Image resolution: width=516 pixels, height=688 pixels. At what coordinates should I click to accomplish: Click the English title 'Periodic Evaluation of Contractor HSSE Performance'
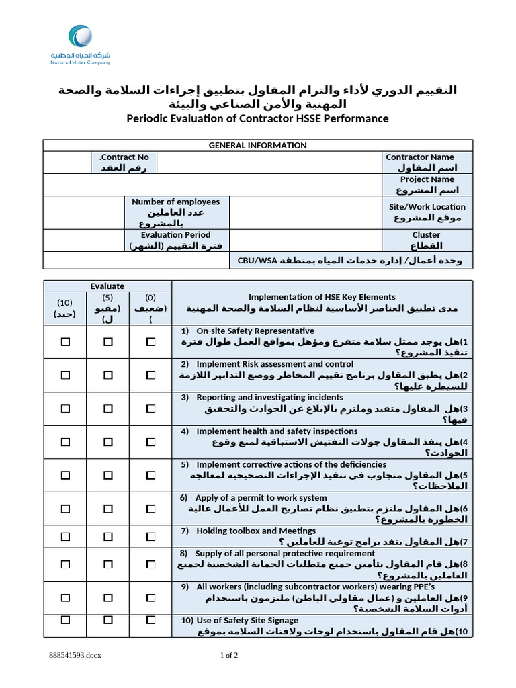tap(257, 118)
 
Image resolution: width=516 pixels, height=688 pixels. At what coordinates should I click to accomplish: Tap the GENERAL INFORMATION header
tap(257, 145)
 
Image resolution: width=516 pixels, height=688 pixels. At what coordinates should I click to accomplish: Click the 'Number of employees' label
tap(175, 202)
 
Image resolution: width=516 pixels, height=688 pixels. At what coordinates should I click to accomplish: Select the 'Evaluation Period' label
tap(175, 235)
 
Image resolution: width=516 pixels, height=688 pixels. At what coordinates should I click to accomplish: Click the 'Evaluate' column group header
tap(107, 286)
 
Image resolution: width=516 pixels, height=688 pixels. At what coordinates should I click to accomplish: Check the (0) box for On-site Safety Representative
tap(150, 342)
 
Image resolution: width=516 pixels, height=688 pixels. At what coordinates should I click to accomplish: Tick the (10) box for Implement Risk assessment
tap(65, 375)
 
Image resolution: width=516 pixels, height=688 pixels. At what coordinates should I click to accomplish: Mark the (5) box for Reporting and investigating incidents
tap(107, 408)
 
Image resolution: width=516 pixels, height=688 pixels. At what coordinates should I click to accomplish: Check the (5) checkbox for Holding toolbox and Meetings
tap(107, 536)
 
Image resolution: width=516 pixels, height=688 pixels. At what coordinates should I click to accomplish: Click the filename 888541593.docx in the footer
tap(75, 655)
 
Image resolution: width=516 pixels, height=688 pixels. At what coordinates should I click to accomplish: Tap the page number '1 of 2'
tap(229, 655)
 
